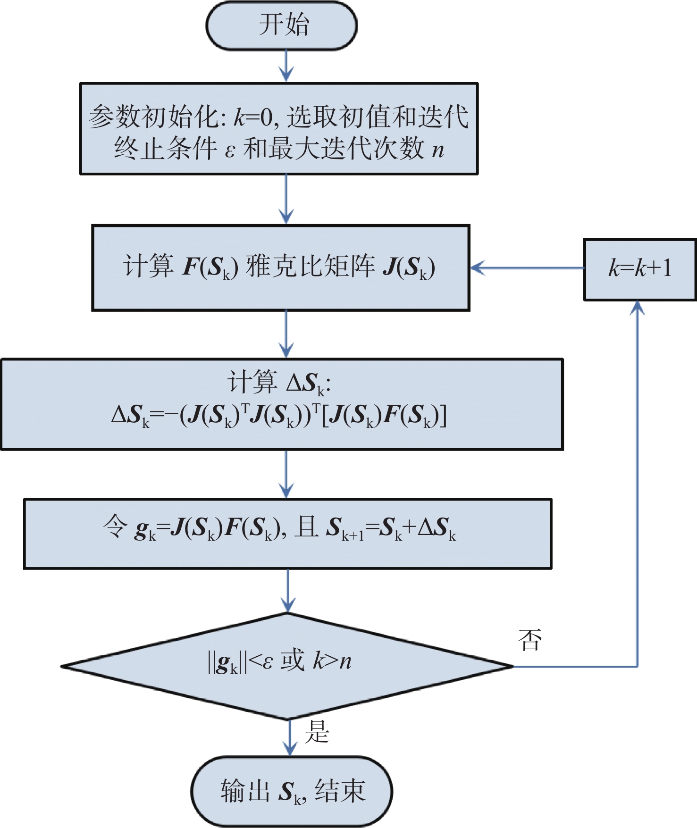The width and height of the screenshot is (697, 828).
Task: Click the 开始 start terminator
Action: point(282,25)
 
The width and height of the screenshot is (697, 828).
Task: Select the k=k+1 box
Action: point(639,269)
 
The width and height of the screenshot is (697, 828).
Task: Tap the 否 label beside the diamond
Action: point(529,640)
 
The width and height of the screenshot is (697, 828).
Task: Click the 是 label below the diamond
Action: point(317,732)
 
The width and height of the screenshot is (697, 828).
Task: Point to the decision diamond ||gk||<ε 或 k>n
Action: point(287,666)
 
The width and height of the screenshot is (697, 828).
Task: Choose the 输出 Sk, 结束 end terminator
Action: point(292,791)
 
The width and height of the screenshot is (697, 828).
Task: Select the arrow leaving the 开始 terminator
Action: point(286,66)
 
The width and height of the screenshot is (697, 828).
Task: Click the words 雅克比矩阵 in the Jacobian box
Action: point(310,266)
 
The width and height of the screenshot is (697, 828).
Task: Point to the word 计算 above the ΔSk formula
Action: point(252,382)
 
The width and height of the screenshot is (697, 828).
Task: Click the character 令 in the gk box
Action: point(115,527)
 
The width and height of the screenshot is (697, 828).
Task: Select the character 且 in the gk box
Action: point(306,527)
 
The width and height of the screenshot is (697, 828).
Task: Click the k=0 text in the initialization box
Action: point(253,117)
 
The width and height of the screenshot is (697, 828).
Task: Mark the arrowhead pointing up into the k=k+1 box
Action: point(638,308)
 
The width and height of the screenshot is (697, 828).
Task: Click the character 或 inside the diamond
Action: point(293,661)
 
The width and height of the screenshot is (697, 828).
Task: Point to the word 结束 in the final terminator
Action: point(340,791)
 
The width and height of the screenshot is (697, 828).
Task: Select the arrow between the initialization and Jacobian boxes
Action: point(286,199)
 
